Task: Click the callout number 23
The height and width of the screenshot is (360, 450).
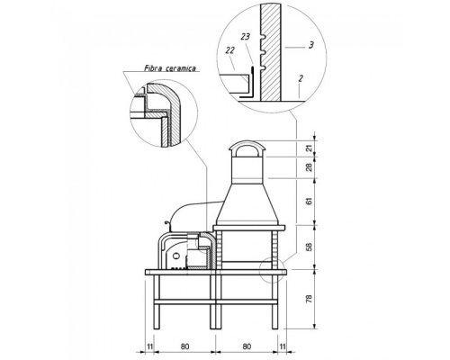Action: point(245,37)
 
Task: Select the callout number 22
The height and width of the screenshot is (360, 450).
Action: point(229,50)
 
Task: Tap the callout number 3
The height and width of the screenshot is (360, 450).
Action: point(311,45)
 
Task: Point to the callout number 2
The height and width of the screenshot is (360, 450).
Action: point(301,78)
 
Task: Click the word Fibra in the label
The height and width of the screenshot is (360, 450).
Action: point(153,68)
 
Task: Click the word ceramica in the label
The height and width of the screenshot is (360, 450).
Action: point(181,68)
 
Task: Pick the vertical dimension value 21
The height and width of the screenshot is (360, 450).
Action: point(310,148)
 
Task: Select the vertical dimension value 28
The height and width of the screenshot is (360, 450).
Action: point(310,167)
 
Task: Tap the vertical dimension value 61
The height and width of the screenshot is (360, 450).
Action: point(310,201)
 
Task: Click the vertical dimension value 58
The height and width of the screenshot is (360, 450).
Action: point(310,247)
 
